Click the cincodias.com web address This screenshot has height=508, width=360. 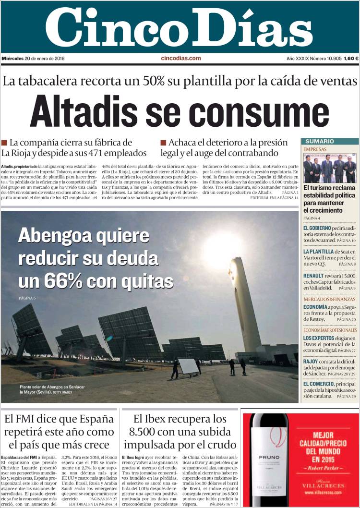[x=181, y=58]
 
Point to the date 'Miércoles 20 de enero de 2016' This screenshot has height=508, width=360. [x=33, y=59]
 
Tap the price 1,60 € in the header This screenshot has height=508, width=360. [x=351, y=59]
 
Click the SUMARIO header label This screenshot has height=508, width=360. [x=319, y=141]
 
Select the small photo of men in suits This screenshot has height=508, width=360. [x=330, y=168]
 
